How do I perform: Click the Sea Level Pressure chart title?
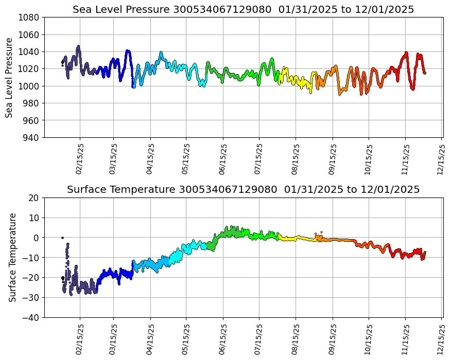pyautogui.click(x=243, y=9)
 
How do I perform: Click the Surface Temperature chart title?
pyautogui.click(x=243, y=189)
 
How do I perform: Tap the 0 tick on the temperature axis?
pyautogui.click(x=38, y=238)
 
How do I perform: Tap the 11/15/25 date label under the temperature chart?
pyautogui.click(x=405, y=339)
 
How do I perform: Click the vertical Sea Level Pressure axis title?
pyautogui.click(x=10, y=77)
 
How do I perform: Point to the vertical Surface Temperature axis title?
pyautogui.click(x=12, y=257)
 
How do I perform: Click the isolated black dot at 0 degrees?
pyautogui.click(x=62, y=238)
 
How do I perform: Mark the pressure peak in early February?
pyautogui.click(x=78, y=47)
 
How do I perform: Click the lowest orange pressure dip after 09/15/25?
pyautogui.click(x=340, y=94)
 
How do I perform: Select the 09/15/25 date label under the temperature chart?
pyautogui.click(x=332, y=339)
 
